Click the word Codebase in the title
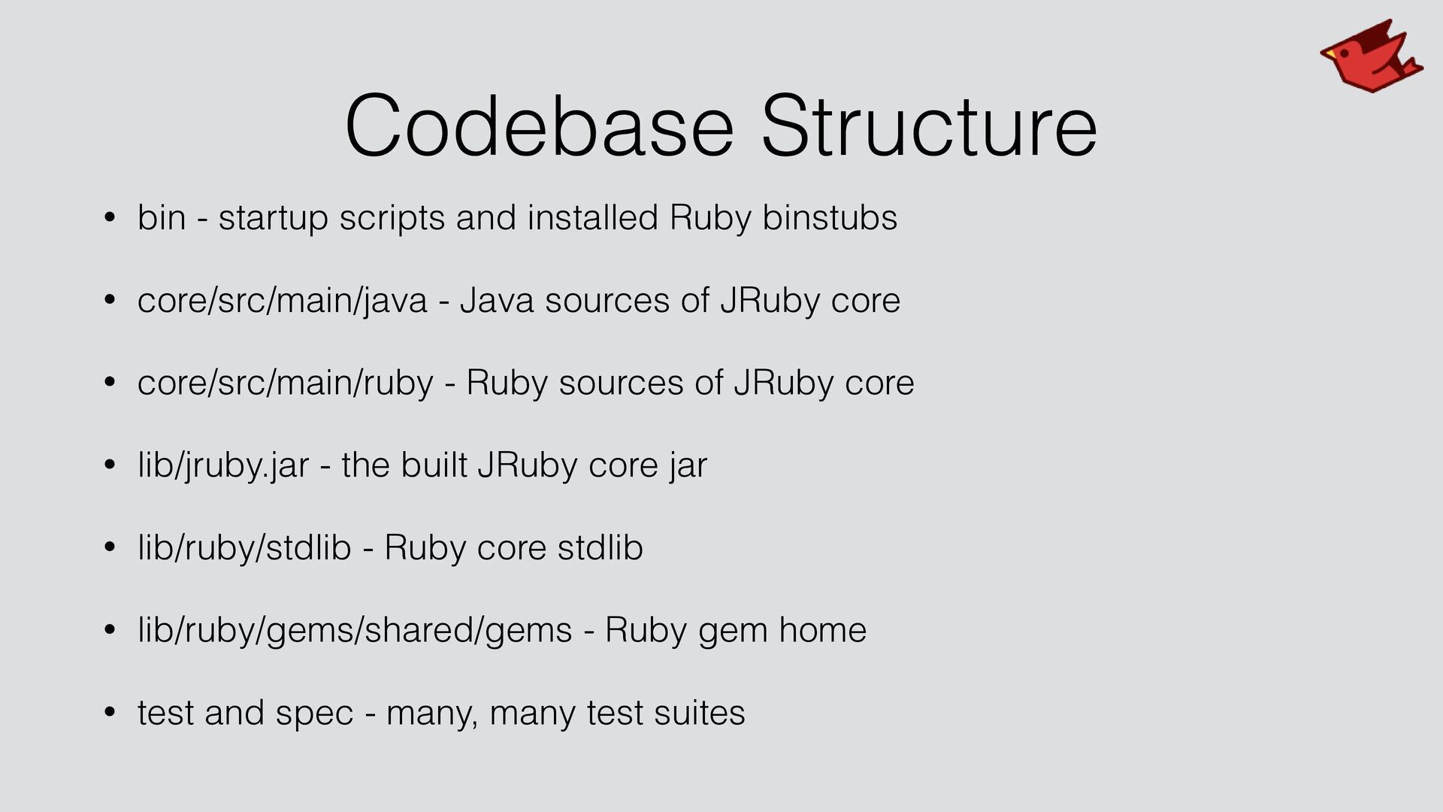[540, 126]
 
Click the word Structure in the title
[929, 126]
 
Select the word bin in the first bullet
[162, 217]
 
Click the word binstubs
[830, 217]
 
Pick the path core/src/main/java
[283, 301]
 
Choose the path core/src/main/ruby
[286, 383]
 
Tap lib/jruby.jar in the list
[223, 465]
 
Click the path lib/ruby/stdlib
[244, 547]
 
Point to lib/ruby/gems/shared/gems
[355, 630]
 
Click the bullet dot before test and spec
[110, 712]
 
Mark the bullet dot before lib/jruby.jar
[110, 465]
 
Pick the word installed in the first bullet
[593, 217]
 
